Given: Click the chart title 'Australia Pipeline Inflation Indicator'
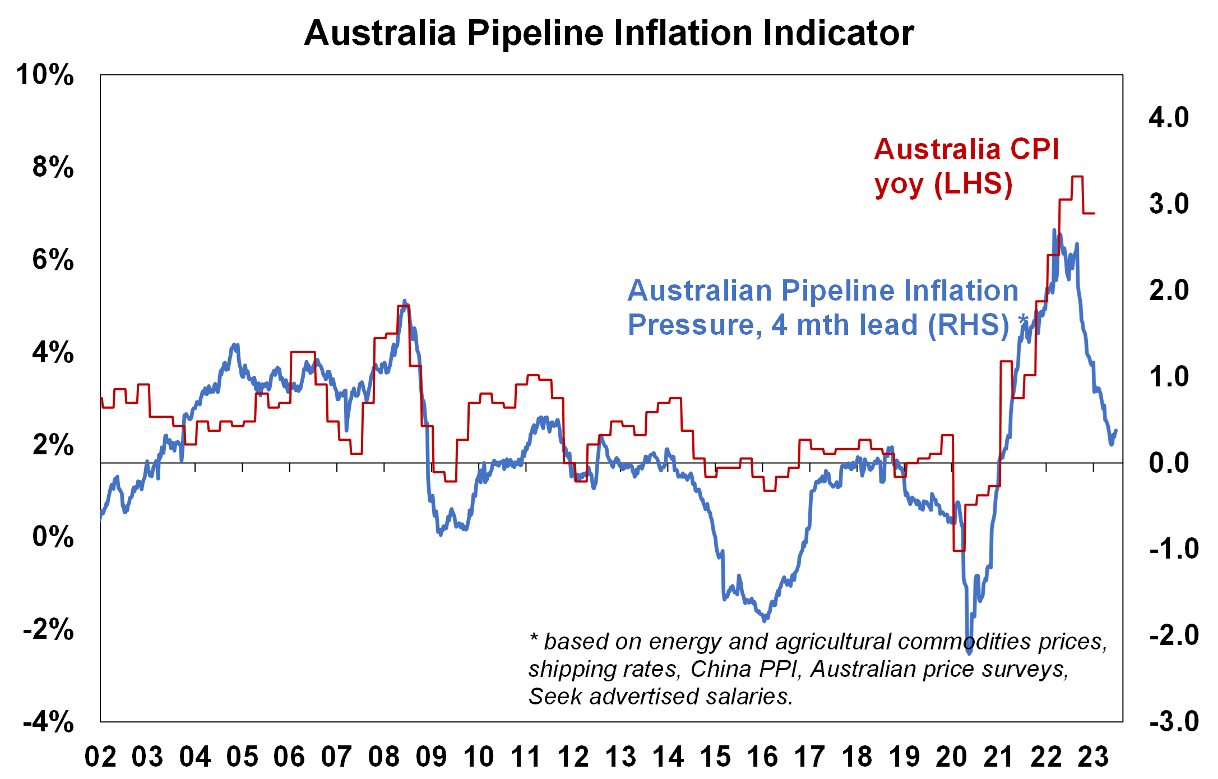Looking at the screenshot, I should (x=609, y=33).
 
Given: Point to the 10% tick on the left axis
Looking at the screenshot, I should (x=45, y=75).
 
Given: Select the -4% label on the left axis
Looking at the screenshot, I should (x=48, y=721).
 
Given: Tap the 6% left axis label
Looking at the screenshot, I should (x=53, y=260).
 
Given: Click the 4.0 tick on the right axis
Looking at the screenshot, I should (x=1169, y=118).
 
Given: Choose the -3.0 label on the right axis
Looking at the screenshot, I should (x=1174, y=721).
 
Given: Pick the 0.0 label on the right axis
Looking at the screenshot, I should (x=1169, y=463).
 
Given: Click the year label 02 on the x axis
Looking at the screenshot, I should (x=100, y=757).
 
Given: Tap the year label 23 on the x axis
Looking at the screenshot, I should (x=1093, y=757).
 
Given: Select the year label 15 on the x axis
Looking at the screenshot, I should (x=715, y=757).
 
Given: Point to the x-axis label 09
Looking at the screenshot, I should (x=431, y=757).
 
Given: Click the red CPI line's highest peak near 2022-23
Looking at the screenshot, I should (x=1077, y=177).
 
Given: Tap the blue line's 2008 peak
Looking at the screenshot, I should (x=405, y=302).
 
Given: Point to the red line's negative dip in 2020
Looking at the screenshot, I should (x=959, y=550).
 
